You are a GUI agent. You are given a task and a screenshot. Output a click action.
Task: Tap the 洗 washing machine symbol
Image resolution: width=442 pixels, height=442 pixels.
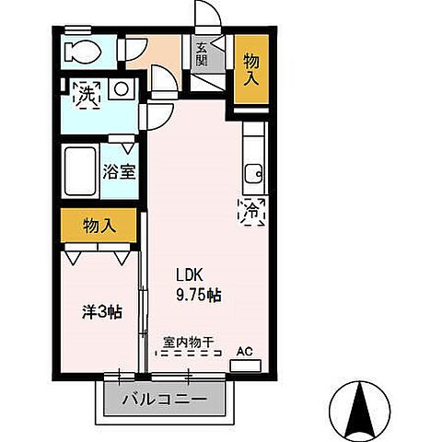tap(87, 93)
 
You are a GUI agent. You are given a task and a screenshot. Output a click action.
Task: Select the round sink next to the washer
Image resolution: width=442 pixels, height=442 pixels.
tap(120, 89)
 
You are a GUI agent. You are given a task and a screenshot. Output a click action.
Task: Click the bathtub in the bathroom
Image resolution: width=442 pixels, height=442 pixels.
tap(80, 169)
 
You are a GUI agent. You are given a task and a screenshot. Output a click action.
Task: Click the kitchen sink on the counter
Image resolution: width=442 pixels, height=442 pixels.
tap(253, 171)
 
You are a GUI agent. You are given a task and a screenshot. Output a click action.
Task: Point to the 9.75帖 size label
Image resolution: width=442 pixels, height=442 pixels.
tap(199, 295)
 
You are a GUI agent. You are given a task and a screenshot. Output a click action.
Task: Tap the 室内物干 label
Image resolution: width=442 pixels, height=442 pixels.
tap(188, 342)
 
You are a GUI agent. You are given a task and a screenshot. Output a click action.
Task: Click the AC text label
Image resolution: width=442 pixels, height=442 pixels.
tap(244, 350)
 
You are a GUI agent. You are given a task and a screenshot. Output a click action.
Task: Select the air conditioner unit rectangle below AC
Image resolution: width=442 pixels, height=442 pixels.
tap(244, 366)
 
